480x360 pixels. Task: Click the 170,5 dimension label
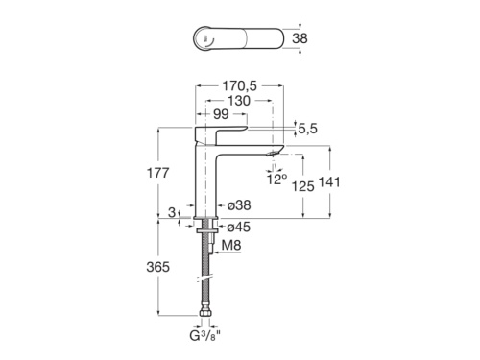242,85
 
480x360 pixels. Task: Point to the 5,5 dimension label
307,129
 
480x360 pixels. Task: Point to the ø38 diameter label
238,204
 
